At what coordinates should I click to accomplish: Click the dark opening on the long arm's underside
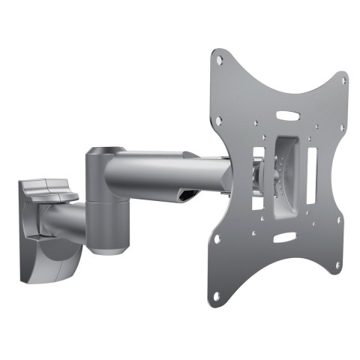click(x=187, y=196)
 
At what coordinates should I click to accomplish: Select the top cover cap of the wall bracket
click(x=46, y=187)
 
